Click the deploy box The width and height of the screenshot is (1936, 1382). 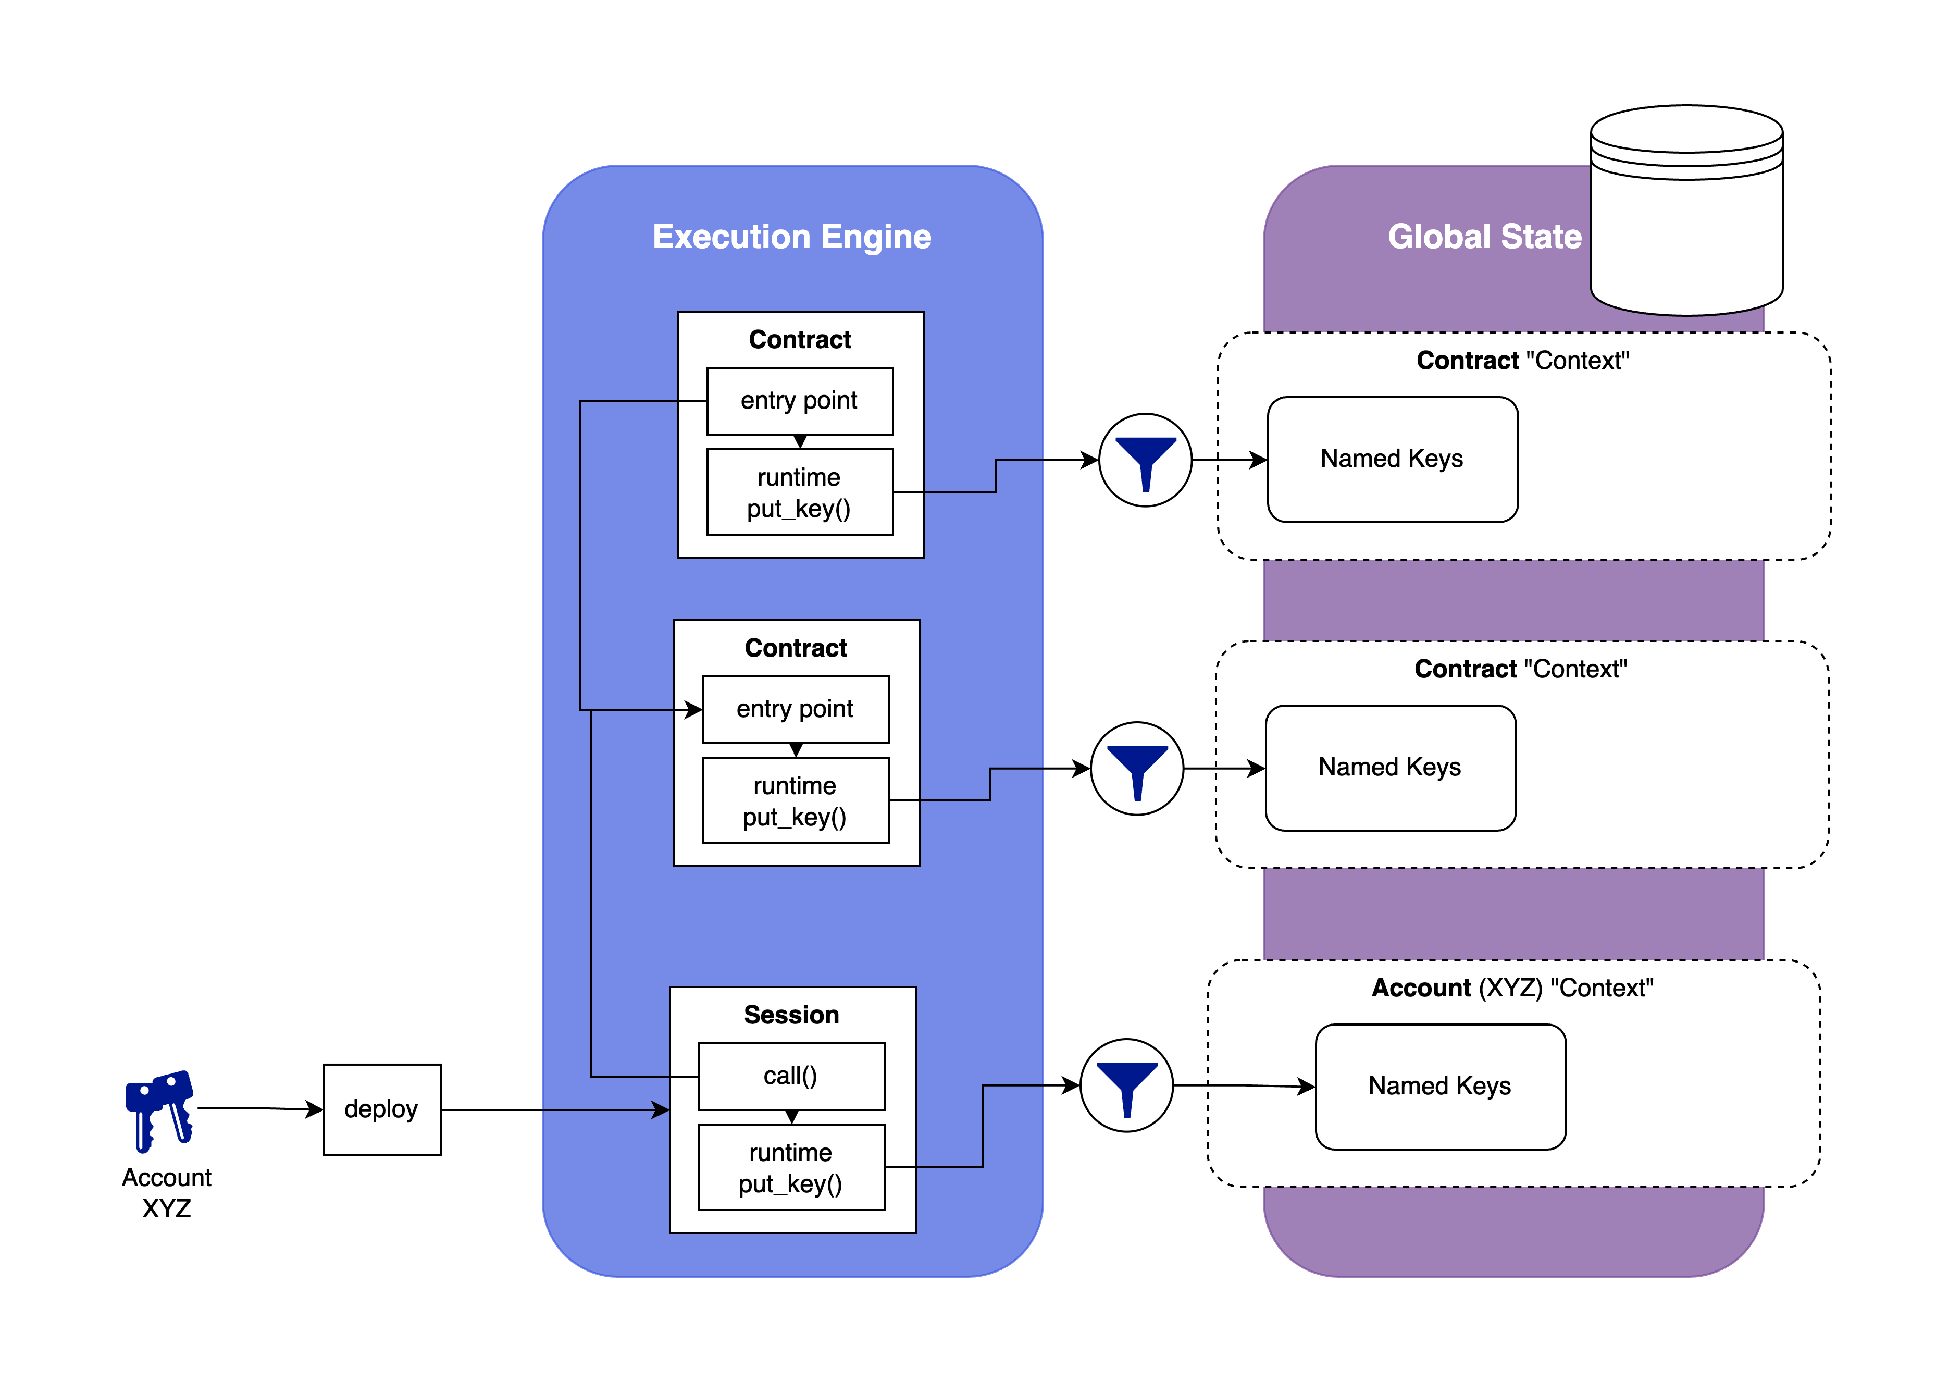click(382, 1109)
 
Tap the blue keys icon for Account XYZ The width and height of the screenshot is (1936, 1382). click(160, 1109)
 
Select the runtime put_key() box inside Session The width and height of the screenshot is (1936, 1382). click(791, 1167)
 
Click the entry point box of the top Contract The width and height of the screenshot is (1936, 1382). click(800, 401)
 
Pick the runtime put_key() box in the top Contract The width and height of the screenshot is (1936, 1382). click(800, 492)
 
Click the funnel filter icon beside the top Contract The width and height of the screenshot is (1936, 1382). click(1145, 460)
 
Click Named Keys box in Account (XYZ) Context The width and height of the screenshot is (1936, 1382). click(1440, 1086)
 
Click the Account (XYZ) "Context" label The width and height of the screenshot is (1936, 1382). click(1512, 988)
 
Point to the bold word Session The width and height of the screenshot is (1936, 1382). click(791, 1015)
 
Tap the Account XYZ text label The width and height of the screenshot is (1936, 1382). click(167, 1192)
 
